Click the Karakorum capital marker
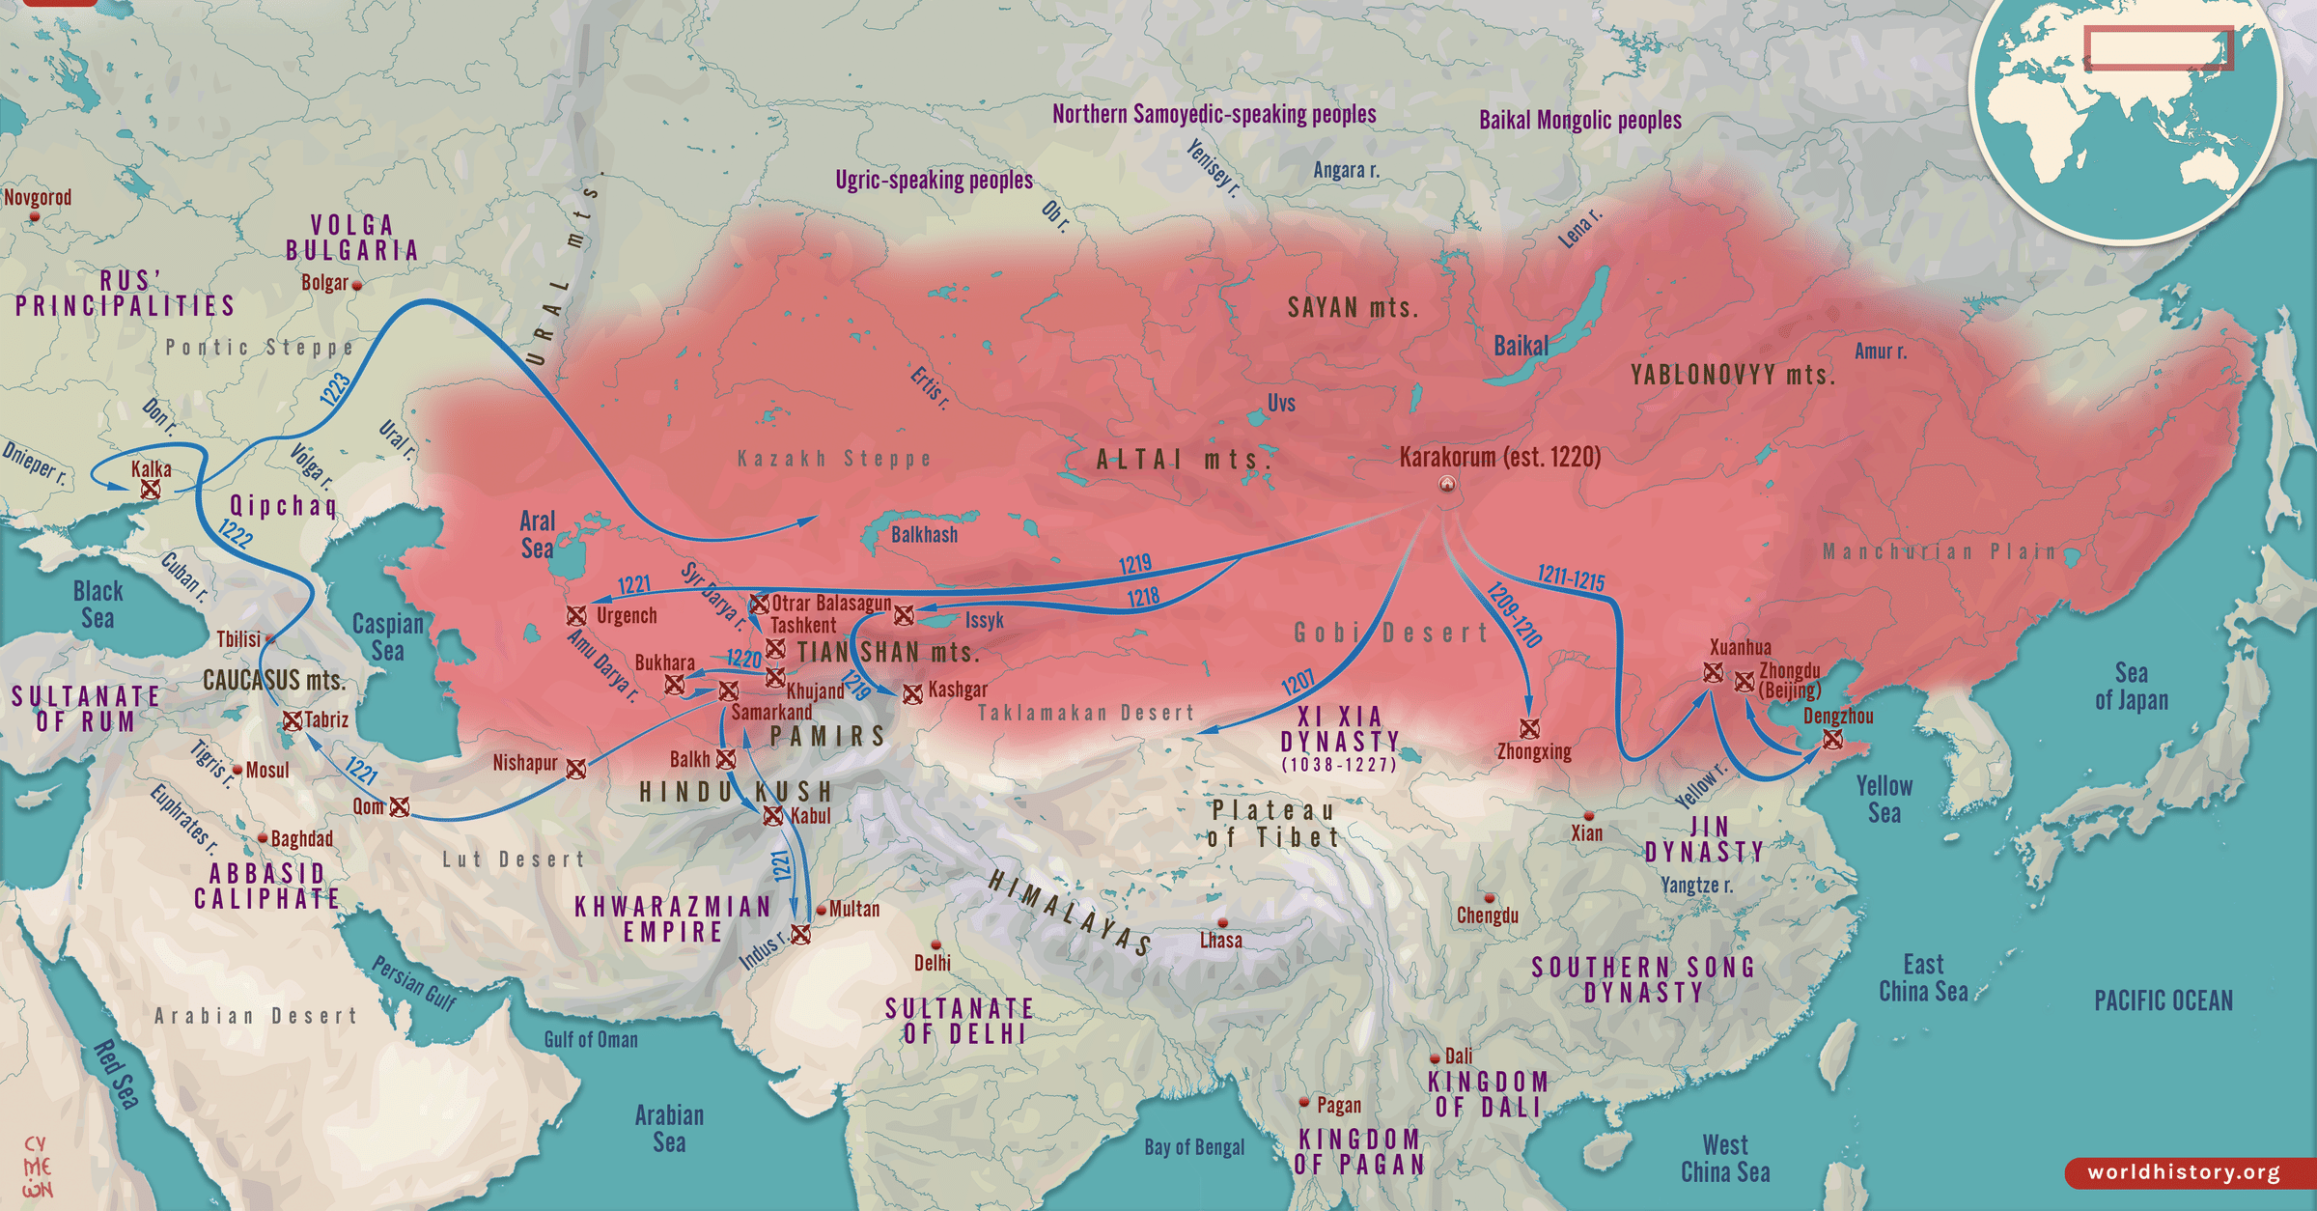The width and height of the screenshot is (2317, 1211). click(1447, 484)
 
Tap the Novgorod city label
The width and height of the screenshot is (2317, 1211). click(38, 198)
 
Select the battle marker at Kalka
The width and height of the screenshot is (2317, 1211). click(151, 490)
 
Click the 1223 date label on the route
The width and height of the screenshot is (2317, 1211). click(335, 389)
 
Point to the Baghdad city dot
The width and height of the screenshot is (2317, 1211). click(263, 838)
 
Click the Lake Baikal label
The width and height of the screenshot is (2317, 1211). click(1521, 346)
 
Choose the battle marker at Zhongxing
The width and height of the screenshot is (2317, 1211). click(1529, 728)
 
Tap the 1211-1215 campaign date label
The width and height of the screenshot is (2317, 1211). click(1571, 578)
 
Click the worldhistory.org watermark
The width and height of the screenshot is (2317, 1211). click(2184, 1172)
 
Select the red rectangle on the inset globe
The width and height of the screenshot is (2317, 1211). click(2159, 47)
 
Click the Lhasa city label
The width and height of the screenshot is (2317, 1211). click(1220, 941)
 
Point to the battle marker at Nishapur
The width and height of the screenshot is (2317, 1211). click(576, 769)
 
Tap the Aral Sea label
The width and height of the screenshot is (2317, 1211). click(538, 535)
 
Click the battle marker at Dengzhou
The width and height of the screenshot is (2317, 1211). click(1832, 740)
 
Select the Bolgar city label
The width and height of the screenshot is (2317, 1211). click(324, 283)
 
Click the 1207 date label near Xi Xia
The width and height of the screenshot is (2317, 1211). click(1298, 683)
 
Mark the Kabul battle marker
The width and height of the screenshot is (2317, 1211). click(773, 817)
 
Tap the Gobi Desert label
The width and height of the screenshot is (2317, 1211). click(1391, 634)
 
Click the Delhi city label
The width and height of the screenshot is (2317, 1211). click(933, 963)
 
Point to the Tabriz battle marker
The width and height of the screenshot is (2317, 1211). click(292, 720)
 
